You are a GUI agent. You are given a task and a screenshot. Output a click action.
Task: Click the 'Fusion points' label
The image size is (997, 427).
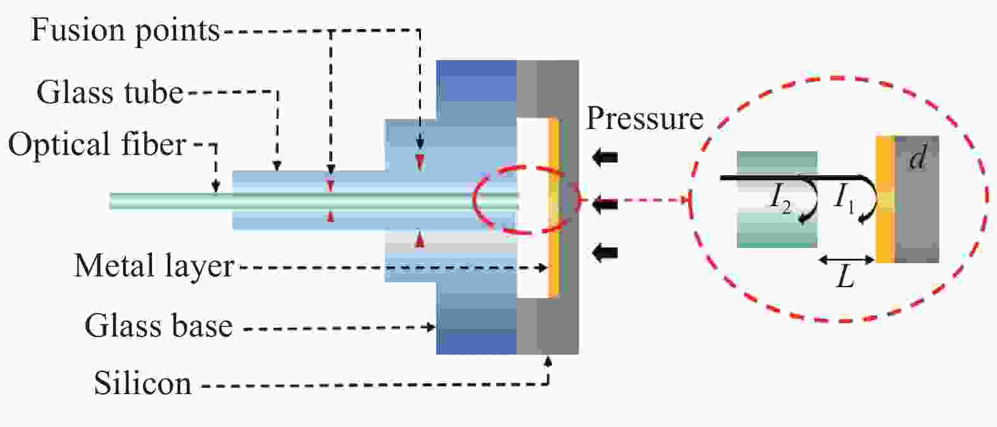click(x=125, y=31)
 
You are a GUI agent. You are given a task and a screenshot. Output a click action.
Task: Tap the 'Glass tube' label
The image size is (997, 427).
click(x=110, y=92)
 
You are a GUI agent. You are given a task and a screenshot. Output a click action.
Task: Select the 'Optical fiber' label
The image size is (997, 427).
click(x=97, y=145)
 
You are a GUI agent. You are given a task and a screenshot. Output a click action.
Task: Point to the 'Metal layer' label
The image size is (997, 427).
click(x=154, y=266)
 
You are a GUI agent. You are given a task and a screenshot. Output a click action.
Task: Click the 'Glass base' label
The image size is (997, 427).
click(x=158, y=326)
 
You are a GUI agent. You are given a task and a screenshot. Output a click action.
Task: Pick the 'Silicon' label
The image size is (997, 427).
click(x=142, y=383)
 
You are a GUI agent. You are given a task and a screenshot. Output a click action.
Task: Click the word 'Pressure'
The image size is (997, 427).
click(x=645, y=118)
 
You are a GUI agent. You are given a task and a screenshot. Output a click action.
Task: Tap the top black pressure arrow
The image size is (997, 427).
click(x=605, y=158)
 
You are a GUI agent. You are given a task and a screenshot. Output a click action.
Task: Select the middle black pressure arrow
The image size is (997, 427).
click(x=605, y=204)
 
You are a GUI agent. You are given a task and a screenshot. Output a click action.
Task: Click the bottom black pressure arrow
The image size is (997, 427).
click(x=605, y=252)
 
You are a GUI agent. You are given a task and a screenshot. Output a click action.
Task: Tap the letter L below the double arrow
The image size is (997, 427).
click(x=845, y=278)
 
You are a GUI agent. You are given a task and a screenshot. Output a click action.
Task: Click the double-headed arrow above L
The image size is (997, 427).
click(x=847, y=259)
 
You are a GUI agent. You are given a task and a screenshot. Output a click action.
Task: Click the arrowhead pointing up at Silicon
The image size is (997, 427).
click(x=548, y=361)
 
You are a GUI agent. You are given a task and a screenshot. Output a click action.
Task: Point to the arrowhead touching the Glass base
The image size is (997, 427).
click(x=430, y=328)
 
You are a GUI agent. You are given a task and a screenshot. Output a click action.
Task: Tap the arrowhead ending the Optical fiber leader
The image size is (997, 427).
click(x=216, y=187)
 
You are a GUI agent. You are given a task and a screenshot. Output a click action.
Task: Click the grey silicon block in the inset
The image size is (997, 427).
click(x=917, y=199)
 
